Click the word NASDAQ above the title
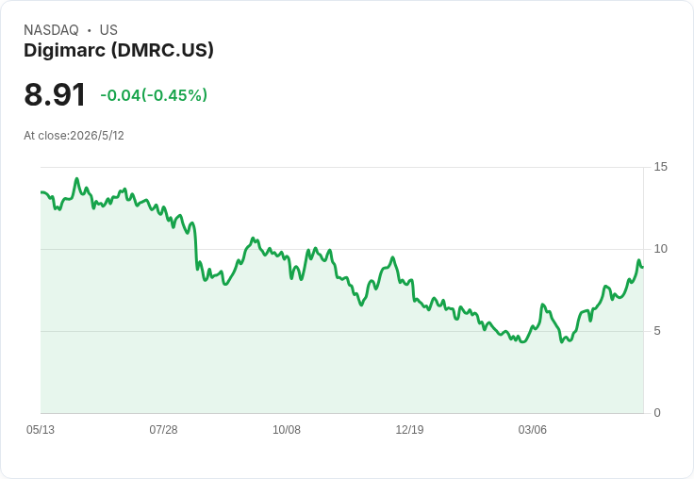(51, 30)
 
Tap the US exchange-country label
(108, 30)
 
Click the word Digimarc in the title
(65, 51)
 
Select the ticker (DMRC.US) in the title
(162, 51)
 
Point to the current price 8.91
(55, 94)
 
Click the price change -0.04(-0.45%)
(154, 95)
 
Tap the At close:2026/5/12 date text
(74, 136)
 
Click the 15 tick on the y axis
(660, 167)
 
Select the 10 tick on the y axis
(660, 249)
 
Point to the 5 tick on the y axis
(657, 331)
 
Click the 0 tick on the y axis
(657, 413)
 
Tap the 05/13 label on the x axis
(41, 430)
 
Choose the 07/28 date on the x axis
(163, 430)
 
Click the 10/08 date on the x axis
(287, 430)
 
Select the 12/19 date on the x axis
(409, 430)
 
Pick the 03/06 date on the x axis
(533, 430)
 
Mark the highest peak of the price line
(77, 179)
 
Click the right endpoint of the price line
(643, 267)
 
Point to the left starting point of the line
(41, 192)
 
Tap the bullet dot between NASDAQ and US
(90, 30)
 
